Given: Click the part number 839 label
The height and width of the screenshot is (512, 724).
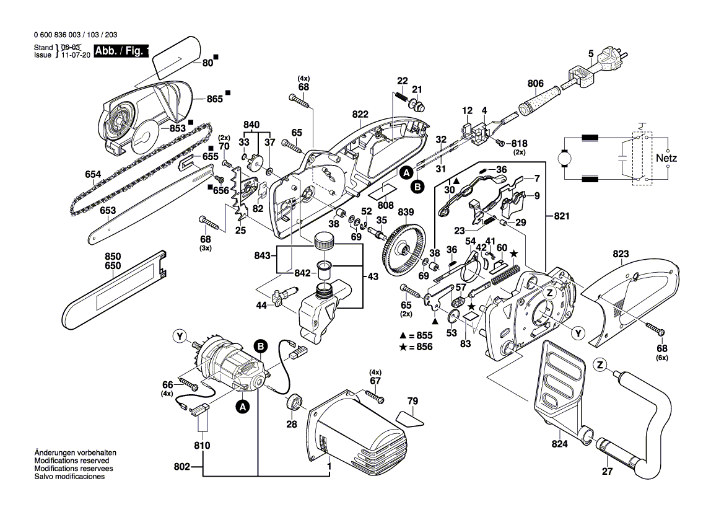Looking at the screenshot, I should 406,212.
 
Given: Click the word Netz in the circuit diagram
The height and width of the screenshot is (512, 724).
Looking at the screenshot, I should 666,158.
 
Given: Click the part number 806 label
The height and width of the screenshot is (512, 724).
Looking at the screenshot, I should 535,83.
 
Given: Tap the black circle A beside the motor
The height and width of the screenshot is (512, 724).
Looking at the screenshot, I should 243,407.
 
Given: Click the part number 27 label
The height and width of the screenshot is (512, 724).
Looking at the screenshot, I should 606,472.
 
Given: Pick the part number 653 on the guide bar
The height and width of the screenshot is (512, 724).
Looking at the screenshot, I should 108,211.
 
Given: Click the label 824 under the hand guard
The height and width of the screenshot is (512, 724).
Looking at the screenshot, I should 559,444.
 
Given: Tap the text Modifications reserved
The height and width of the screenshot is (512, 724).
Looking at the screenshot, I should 72,461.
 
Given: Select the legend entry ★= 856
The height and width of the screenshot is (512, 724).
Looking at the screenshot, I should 416,347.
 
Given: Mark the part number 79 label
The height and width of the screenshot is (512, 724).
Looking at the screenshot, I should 412,400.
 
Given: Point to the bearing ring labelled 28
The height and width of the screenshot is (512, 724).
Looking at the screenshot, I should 293,404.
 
